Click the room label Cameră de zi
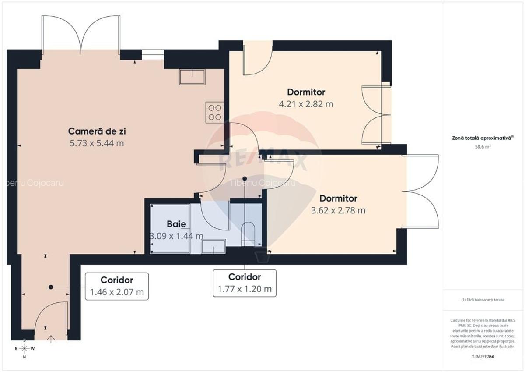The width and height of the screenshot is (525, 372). (100, 131)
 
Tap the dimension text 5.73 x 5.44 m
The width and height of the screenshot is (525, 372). (100, 143)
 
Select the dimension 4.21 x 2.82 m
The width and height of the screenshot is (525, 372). (306, 104)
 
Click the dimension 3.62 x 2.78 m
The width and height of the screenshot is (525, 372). (338, 210)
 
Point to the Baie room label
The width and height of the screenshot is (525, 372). (176, 224)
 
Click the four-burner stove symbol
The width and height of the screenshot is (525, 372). (214, 112)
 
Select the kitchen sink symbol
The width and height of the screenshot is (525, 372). (192, 77)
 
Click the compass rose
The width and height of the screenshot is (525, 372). (24, 348)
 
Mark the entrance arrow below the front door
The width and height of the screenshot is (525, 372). (51, 338)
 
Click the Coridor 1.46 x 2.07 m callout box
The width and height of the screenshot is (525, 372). (117, 286)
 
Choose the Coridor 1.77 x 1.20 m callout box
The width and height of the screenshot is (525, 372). (245, 283)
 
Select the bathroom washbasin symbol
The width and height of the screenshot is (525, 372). (213, 246)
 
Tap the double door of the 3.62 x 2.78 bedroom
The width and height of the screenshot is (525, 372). (422, 191)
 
